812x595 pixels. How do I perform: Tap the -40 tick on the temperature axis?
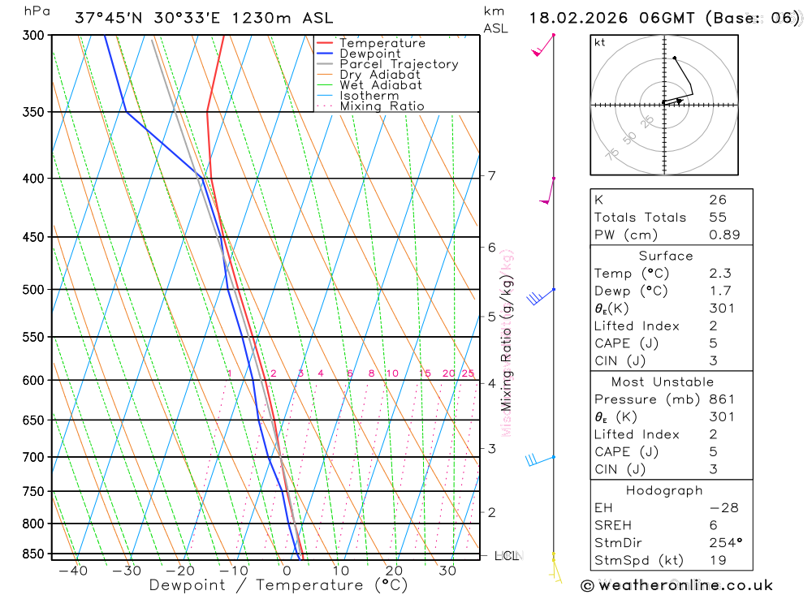73,571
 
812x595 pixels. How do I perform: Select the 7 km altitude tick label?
491,175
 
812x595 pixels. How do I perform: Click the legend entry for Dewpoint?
369,54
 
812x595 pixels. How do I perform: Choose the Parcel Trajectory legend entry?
399,64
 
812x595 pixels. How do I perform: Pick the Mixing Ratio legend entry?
382,106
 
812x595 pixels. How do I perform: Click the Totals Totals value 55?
718,218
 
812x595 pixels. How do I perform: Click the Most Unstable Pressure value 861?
722,399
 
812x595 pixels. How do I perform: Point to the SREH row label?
612,525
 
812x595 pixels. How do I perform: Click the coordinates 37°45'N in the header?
110,18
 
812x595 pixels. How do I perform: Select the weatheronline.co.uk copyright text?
676,585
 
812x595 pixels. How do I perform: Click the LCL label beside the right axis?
506,556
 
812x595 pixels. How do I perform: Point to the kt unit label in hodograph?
600,43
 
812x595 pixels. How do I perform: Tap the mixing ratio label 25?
468,373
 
